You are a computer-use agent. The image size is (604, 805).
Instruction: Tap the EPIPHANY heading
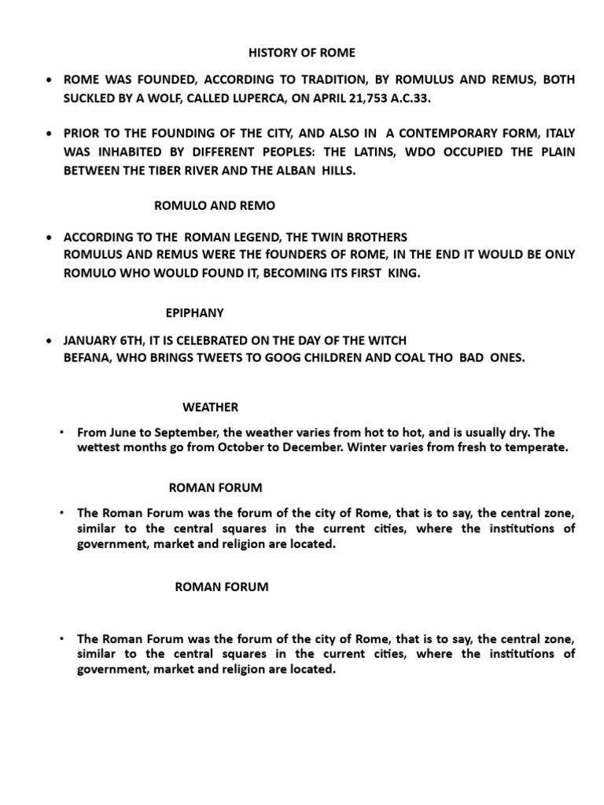click(195, 312)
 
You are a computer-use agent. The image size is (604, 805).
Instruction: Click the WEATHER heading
click(211, 406)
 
